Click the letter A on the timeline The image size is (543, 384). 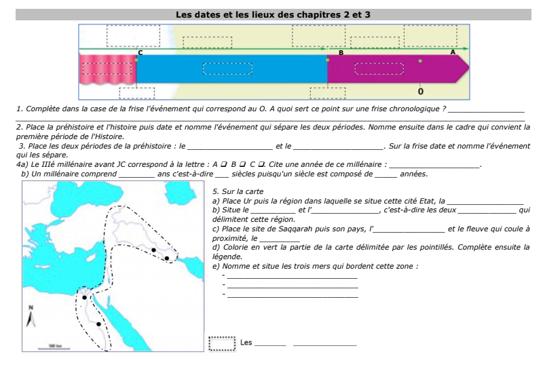453,52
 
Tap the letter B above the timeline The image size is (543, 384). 341,52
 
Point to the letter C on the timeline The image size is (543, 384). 141,52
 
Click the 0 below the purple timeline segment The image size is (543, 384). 421,90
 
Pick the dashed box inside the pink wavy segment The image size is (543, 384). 107,69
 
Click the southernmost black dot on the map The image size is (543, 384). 99,324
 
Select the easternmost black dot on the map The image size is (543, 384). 166,258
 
